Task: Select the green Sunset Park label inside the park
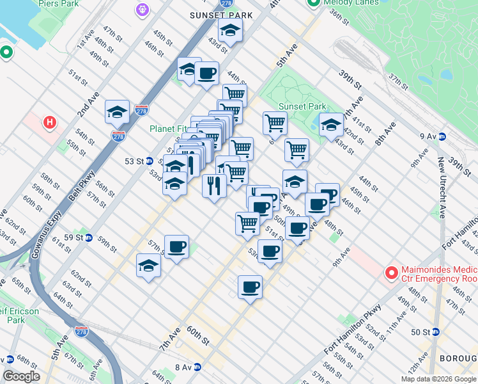302,107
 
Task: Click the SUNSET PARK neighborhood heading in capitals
221,15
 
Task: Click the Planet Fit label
167,129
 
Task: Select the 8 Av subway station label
183,367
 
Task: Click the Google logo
22,376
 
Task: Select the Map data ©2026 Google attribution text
438,379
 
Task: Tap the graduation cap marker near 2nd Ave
118,113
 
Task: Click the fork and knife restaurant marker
214,186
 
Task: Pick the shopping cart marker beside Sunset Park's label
275,123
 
